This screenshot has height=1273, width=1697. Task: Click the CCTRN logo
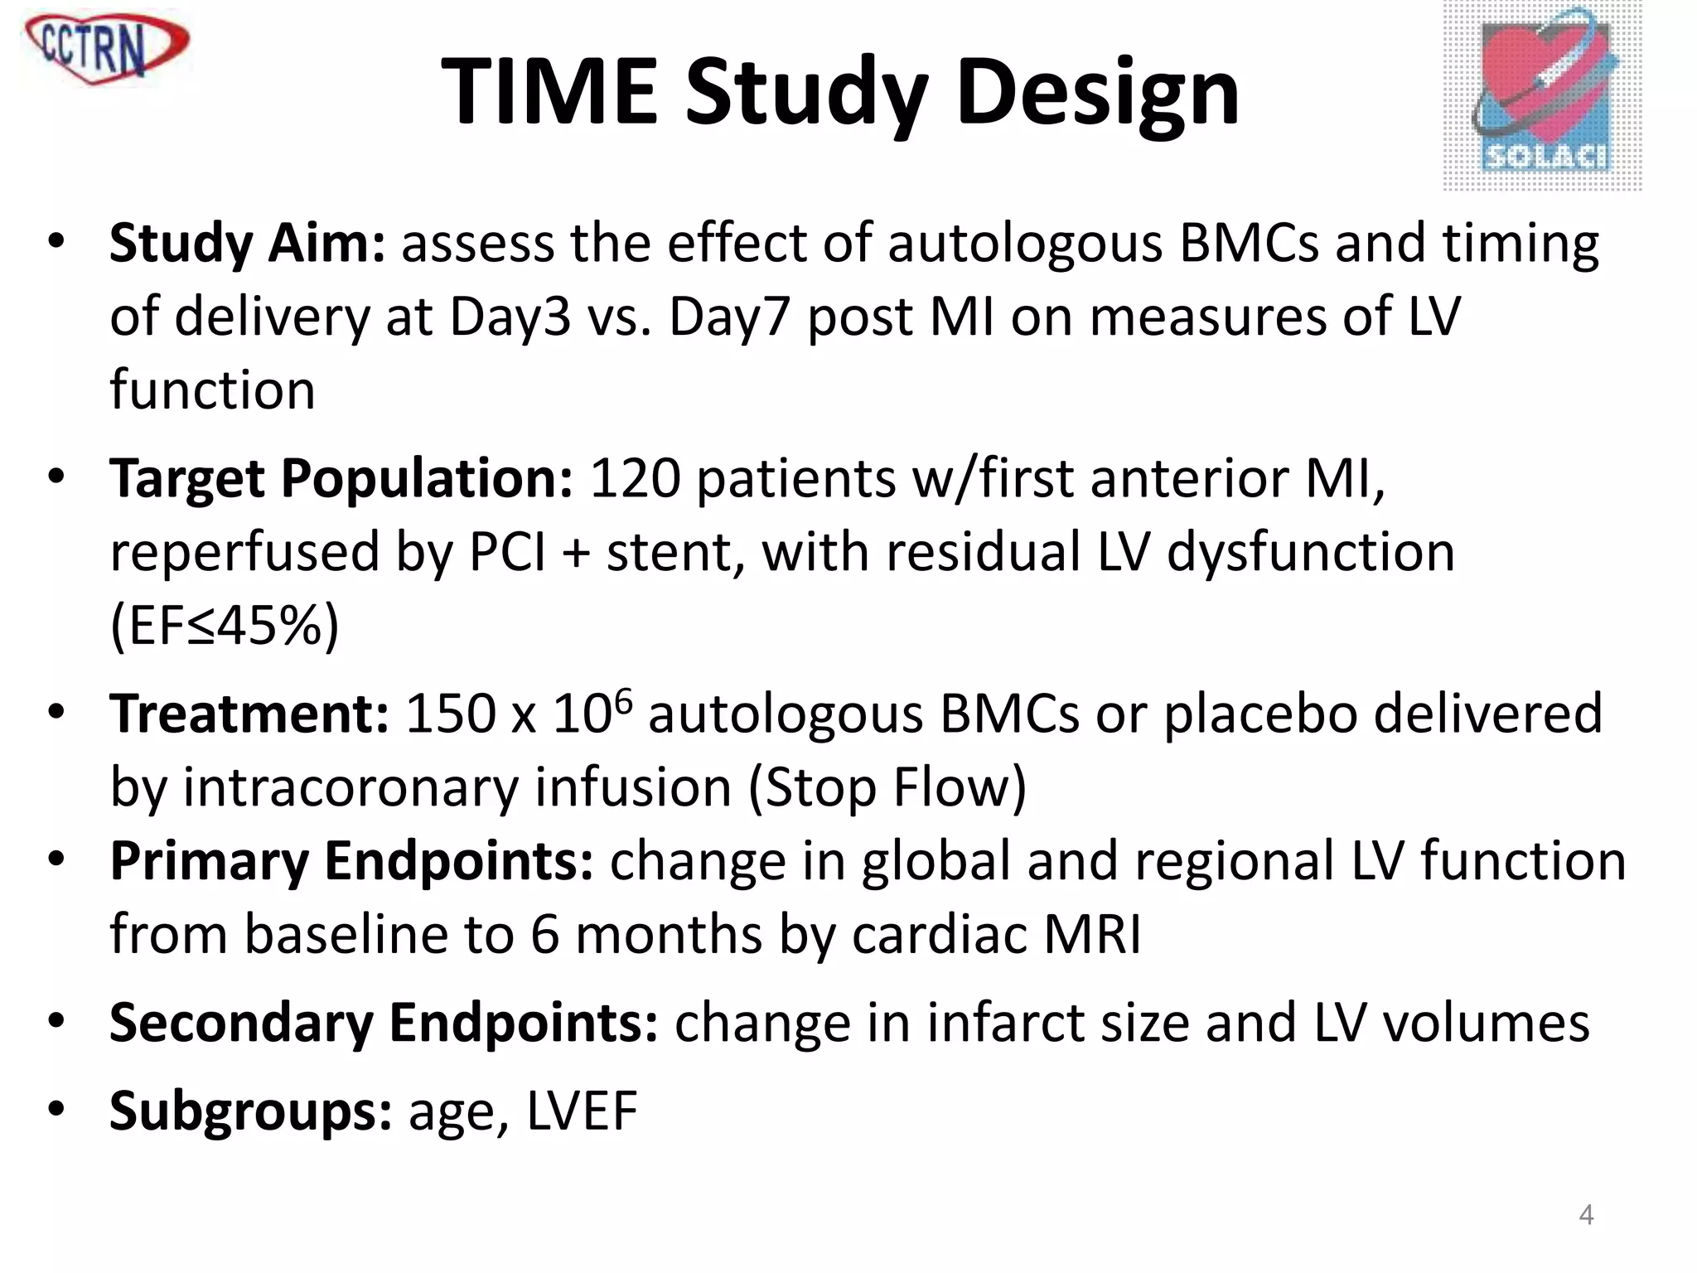tap(106, 46)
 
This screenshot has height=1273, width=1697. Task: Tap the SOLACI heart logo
tap(1542, 96)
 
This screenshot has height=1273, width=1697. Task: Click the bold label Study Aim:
tap(247, 244)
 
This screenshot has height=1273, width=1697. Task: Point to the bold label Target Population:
tap(341, 479)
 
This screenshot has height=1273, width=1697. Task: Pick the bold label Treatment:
tap(249, 714)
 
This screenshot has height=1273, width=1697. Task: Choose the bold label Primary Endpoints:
tap(351, 861)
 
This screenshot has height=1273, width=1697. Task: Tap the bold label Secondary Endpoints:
tap(384, 1023)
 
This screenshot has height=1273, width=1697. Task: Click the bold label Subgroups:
tap(250, 1111)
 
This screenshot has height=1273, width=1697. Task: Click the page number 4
tap(1586, 1215)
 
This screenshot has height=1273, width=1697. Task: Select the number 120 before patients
tap(634, 479)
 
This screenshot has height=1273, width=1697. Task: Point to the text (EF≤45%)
tap(225, 626)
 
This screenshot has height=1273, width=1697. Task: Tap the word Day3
tap(510, 317)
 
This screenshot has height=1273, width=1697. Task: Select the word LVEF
tap(582, 1111)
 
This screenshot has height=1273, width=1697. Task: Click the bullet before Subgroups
tap(56, 1108)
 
